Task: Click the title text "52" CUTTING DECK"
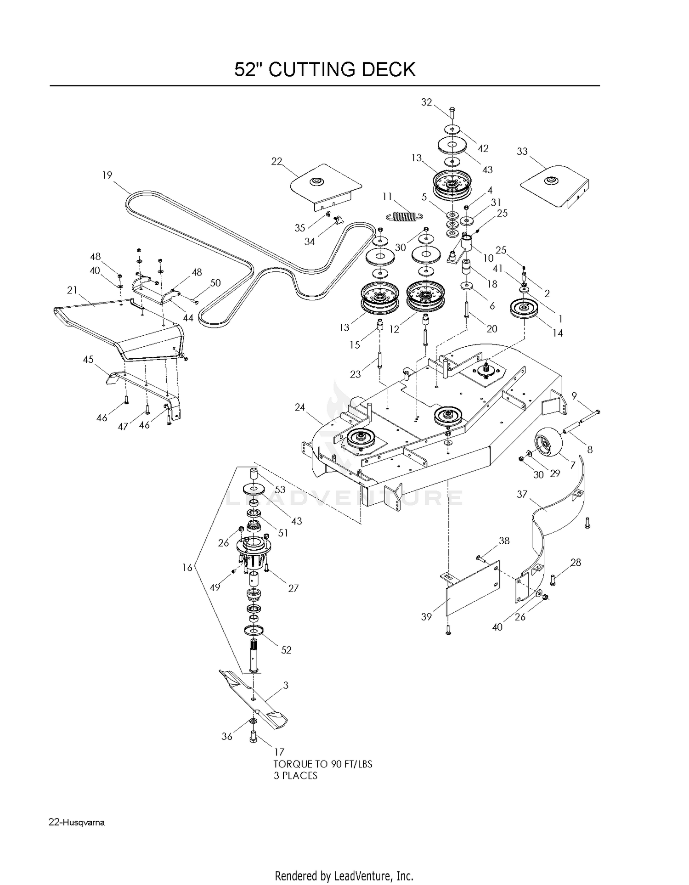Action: (x=325, y=69)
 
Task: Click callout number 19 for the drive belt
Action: (x=107, y=175)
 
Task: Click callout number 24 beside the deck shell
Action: (x=299, y=407)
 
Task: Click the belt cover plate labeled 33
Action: (x=555, y=186)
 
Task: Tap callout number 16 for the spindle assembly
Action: (x=187, y=568)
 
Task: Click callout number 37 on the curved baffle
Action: (x=522, y=494)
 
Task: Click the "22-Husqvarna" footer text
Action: (x=76, y=823)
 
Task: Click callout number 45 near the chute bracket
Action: (x=88, y=359)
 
